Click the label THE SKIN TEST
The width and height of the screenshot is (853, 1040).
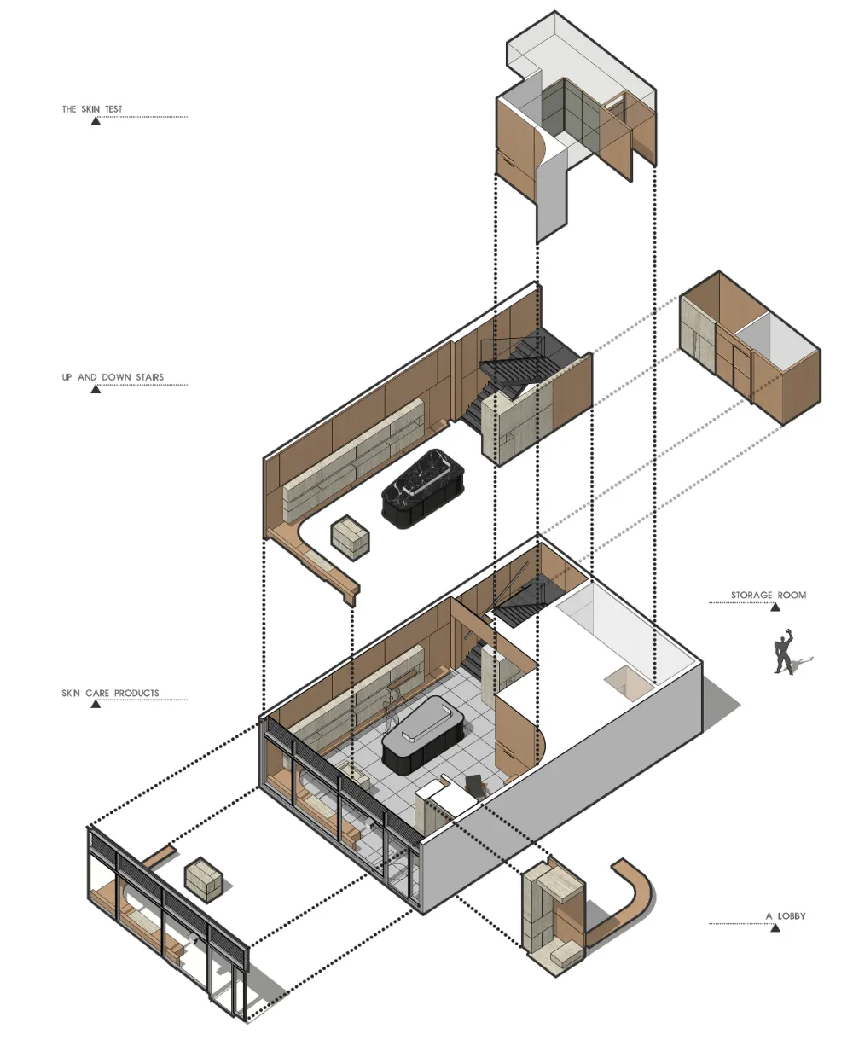[92, 109]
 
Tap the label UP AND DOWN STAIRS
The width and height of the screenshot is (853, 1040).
[113, 377]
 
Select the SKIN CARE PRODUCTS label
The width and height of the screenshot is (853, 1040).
[110, 693]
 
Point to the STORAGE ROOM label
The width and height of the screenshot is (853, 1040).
[769, 595]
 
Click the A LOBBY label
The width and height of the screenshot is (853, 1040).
[786, 915]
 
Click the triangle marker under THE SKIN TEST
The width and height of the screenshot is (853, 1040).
[96, 121]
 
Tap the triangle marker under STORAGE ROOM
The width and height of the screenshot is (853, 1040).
[775, 607]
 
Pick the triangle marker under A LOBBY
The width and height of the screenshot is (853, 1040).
[775, 927]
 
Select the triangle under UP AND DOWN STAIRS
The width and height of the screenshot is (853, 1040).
[96, 389]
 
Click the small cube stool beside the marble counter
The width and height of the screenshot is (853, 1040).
[350, 537]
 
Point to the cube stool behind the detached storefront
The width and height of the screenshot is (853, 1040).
[203, 880]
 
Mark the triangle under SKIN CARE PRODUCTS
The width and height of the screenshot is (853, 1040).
[96, 704]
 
